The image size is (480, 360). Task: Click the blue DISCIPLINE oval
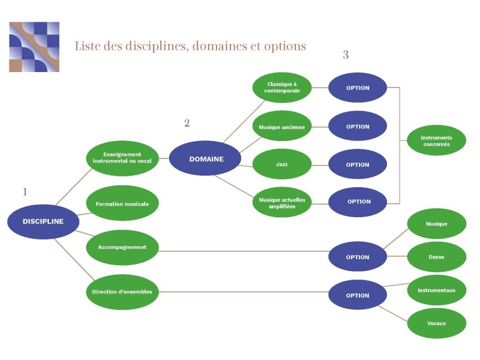pyautogui.click(x=43, y=221)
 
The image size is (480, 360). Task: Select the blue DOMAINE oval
pyautogui.click(x=206, y=159)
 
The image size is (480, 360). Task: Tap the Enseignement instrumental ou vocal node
pyautogui.click(x=122, y=158)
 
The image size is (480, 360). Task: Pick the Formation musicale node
pyautogui.click(x=122, y=203)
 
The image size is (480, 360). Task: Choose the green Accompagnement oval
pyautogui.click(x=122, y=247)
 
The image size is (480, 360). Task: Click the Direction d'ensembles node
pyautogui.click(x=122, y=292)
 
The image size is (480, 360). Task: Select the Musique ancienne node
pyautogui.click(x=282, y=127)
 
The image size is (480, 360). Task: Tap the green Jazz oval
pyautogui.click(x=282, y=164)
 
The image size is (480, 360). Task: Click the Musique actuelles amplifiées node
pyautogui.click(x=282, y=202)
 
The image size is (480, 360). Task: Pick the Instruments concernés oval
pyautogui.click(x=436, y=140)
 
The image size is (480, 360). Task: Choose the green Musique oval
pyautogui.click(x=436, y=224)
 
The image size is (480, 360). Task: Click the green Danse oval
pyautogui.click(x=436, y=257)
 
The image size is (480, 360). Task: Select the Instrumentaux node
pyautogui.click(x=436, y=290)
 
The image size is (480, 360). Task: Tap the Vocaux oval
pyautogui.click(x=436, y=323)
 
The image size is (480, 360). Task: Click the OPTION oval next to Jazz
pyautogui.click(x=358, y=164)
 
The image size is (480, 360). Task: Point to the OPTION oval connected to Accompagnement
pyautogui.click(x=358, y=257)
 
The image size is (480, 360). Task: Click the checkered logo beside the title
pyautogui.click(x=34, y=47)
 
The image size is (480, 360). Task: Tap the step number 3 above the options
pyautogui.click(x=346, y=55)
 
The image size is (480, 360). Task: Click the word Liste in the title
pyautogui.click(x=87, y=46)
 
